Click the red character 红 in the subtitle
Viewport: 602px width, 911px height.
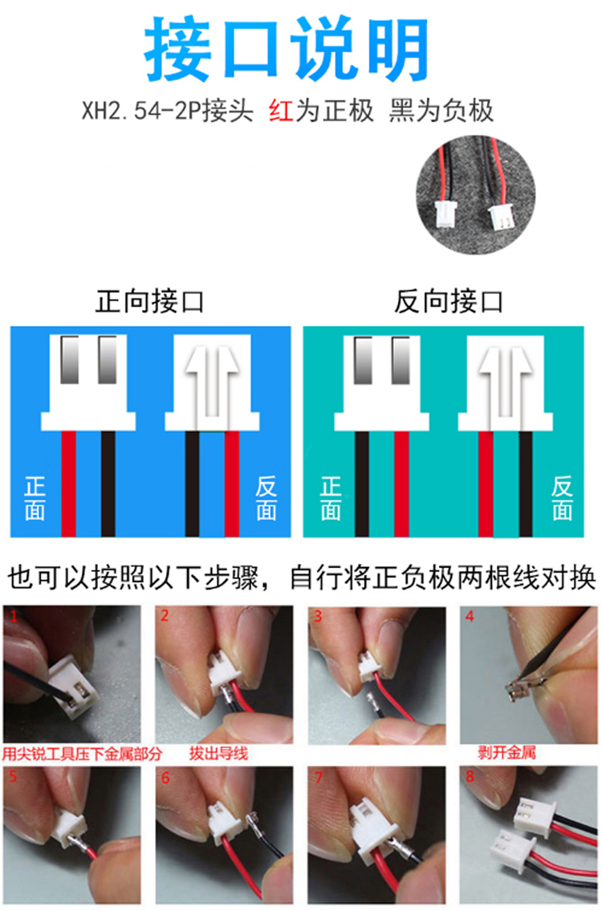coord(281,110)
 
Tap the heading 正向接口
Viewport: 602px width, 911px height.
coord(150,301)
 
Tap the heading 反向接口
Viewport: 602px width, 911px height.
coord(449,301)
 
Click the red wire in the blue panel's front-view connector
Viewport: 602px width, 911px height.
coord(68,484)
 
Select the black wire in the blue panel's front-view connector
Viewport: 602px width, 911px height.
coord(108,484)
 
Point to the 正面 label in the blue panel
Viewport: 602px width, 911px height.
coord(35,498)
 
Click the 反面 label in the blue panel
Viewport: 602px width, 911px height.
coord(266,498)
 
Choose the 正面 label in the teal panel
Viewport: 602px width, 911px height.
coord(331,498)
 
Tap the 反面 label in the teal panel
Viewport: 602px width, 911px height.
coord(562,498)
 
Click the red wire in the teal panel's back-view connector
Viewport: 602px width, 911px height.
coord(486,484)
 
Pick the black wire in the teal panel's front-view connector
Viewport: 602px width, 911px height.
coord(362,484)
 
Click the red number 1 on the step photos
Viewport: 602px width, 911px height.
coord(14,615)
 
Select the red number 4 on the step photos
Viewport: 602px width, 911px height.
coord(470,616)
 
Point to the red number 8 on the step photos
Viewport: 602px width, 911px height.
coord(470,776)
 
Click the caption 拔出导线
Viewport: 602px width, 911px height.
coord(218,754)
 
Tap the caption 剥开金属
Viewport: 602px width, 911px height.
coord(506,753)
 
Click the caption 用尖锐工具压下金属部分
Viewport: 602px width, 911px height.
coord(82,754)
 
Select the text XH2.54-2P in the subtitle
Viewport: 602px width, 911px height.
coord(141,110)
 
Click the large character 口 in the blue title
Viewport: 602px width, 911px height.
coord(250,49)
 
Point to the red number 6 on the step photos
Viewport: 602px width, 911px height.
coord(165,778)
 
